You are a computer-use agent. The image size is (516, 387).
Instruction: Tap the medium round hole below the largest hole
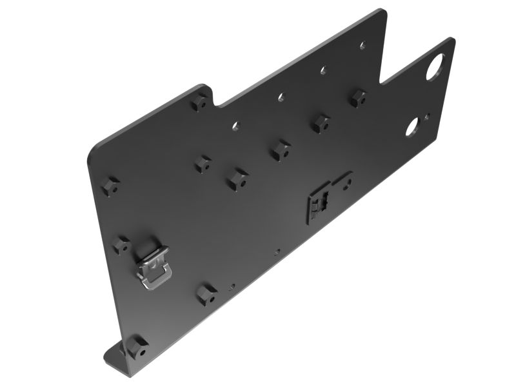click(412, 127)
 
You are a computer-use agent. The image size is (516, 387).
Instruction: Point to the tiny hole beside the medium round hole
click(426, 117)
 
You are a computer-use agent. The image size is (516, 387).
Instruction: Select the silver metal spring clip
click(152, 263)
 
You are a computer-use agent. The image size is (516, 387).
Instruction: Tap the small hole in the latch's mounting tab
click(347, 182)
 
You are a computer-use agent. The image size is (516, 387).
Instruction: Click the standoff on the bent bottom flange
click(137, 348)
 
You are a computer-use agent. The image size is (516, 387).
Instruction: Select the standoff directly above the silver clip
click(121, 244)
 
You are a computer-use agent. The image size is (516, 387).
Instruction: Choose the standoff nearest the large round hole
click(357, 99)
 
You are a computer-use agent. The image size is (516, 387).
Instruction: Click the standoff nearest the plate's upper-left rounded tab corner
click(200, 102)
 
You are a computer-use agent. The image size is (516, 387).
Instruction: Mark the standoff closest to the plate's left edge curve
click(110, 187)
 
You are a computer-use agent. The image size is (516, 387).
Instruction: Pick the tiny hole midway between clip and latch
click(277, 252)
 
